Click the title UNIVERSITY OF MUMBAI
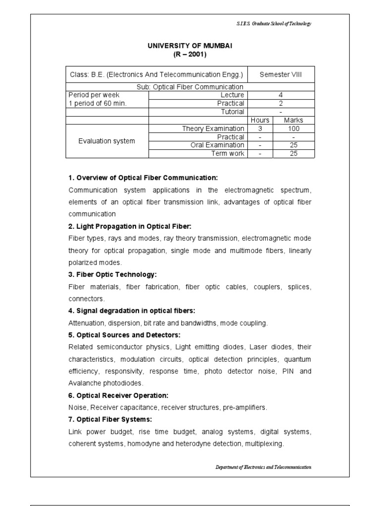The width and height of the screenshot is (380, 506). (190, 45)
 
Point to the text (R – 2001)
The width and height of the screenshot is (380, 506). (190, 54)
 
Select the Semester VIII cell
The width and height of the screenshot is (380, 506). (281, 75)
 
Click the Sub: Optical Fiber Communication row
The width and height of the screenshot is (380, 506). (190, 87)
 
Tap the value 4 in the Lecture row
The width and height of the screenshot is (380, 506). (281, 95)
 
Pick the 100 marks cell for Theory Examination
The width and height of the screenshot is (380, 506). (293, 128)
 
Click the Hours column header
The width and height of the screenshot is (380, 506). (260, 120)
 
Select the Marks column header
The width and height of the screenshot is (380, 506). (293, 120)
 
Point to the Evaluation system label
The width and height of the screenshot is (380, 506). (106, 141)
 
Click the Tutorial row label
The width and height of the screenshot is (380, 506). (232, 112)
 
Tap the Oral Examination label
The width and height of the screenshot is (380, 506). (217, 145)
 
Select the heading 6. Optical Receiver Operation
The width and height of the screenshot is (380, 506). (118, 395)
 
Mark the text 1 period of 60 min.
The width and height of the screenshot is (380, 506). (98, 103)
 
